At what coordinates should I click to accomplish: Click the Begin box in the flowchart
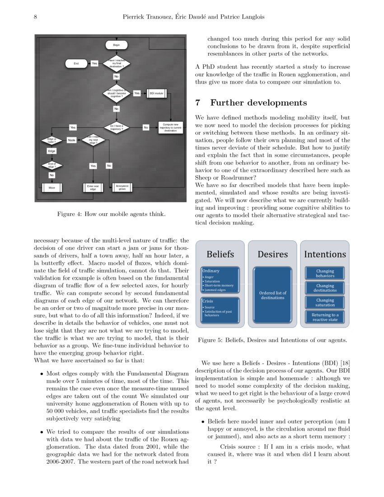click(117, 45)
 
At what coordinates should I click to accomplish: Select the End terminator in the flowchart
click(76, 64)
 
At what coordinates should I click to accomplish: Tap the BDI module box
click(156, 93)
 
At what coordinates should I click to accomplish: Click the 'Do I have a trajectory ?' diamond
click(117, 127)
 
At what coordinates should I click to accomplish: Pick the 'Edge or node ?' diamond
click(51, 141)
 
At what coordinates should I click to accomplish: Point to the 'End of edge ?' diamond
click(52, 165)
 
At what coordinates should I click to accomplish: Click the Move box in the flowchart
click(52, 187)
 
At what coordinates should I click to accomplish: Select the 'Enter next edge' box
click(93, 187)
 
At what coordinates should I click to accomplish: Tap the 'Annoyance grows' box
click(122, 187)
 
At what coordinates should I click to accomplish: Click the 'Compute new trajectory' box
click(170, 127)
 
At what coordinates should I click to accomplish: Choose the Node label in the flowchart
click(71, 141)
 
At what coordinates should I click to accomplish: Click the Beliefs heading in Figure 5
click(220, 254)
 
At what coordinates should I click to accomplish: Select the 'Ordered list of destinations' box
click(272, 295)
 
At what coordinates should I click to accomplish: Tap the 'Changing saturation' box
click(325, 302)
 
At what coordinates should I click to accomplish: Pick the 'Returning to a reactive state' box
click(325, 317)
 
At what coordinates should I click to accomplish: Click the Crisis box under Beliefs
click(220, 310)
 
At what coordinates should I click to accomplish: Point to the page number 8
click(35, 17)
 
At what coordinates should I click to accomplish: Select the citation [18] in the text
click(345, 363)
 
